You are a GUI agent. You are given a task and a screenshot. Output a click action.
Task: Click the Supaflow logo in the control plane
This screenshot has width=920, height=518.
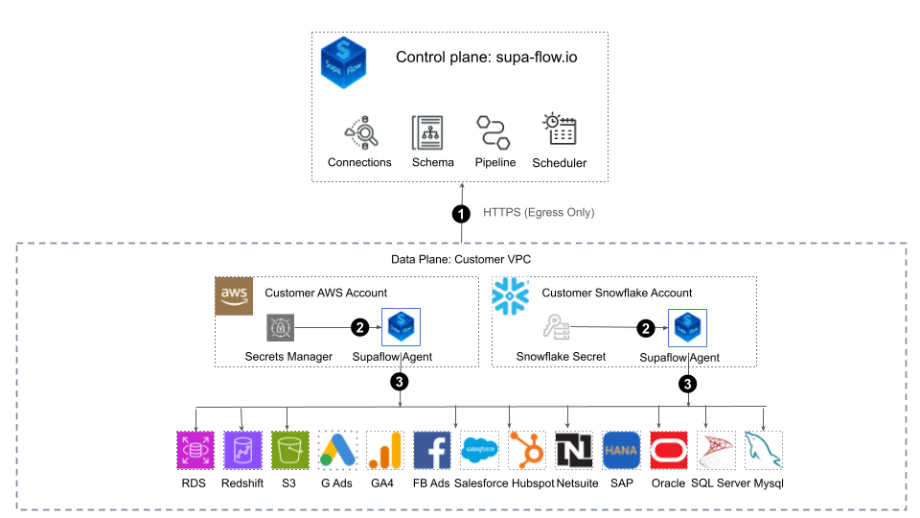[x=343, y=63]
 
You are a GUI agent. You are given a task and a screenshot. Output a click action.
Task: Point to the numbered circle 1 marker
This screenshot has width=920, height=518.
[x=460, y=213]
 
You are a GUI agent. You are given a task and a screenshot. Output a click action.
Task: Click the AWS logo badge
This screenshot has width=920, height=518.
[x=234, y=295]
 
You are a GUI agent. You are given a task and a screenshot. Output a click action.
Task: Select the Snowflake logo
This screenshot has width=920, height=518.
[x=510, y=295]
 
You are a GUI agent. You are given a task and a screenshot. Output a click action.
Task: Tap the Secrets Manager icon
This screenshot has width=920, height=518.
[x=281, y=327]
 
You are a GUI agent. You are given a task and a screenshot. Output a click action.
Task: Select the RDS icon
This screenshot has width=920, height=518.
[x=195, y=449]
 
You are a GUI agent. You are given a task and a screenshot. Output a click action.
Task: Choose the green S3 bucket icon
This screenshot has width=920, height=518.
[x=289, y=449]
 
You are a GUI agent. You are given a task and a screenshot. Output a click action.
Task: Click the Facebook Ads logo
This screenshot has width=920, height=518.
[x=431, y=449]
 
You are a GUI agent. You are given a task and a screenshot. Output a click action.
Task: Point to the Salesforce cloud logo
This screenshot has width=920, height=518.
[x=479, y=449]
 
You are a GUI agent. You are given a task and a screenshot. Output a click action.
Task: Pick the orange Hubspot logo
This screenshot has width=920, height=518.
[x=527, y=449]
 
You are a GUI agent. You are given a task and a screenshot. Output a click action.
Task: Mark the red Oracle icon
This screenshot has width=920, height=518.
[x=668, y=449]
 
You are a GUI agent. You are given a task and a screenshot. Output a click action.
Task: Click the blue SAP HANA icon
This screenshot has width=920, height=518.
[x=621, y=449]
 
